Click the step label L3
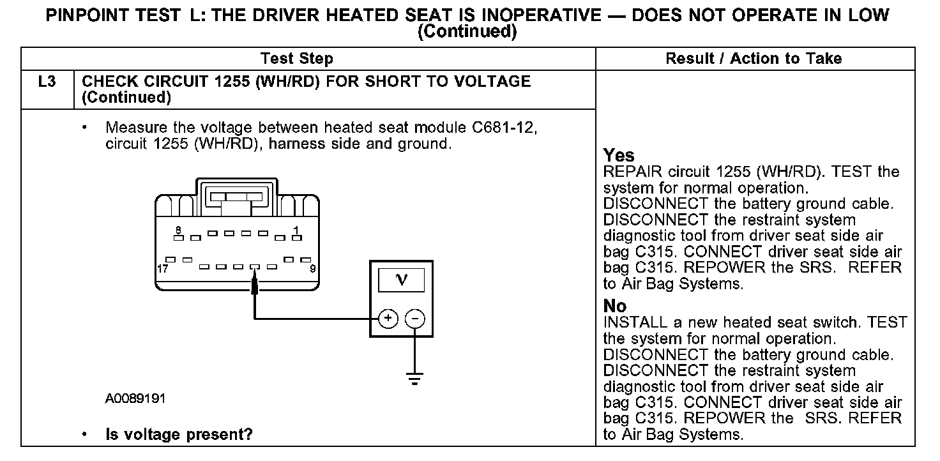point(47,82)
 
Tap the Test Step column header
point(296,59)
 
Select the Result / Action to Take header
point(754,59)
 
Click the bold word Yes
point(619,156)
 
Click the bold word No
point(614,306)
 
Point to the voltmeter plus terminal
point(388,317)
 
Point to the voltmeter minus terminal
point(415,317)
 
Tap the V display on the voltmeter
point(402,280)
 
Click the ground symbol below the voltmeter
point(415,380)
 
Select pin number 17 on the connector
point(162,269)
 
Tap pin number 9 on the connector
point(313,269)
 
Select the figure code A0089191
point(135,398)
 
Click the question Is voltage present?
point(179,435)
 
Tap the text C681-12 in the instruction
point(504,128)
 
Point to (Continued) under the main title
point(467,31)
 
